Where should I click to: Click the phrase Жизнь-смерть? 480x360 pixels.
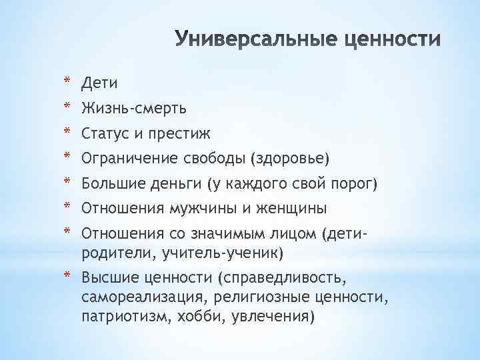click(x=133, y=108)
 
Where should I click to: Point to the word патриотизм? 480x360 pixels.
click(x=122, y=316)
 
